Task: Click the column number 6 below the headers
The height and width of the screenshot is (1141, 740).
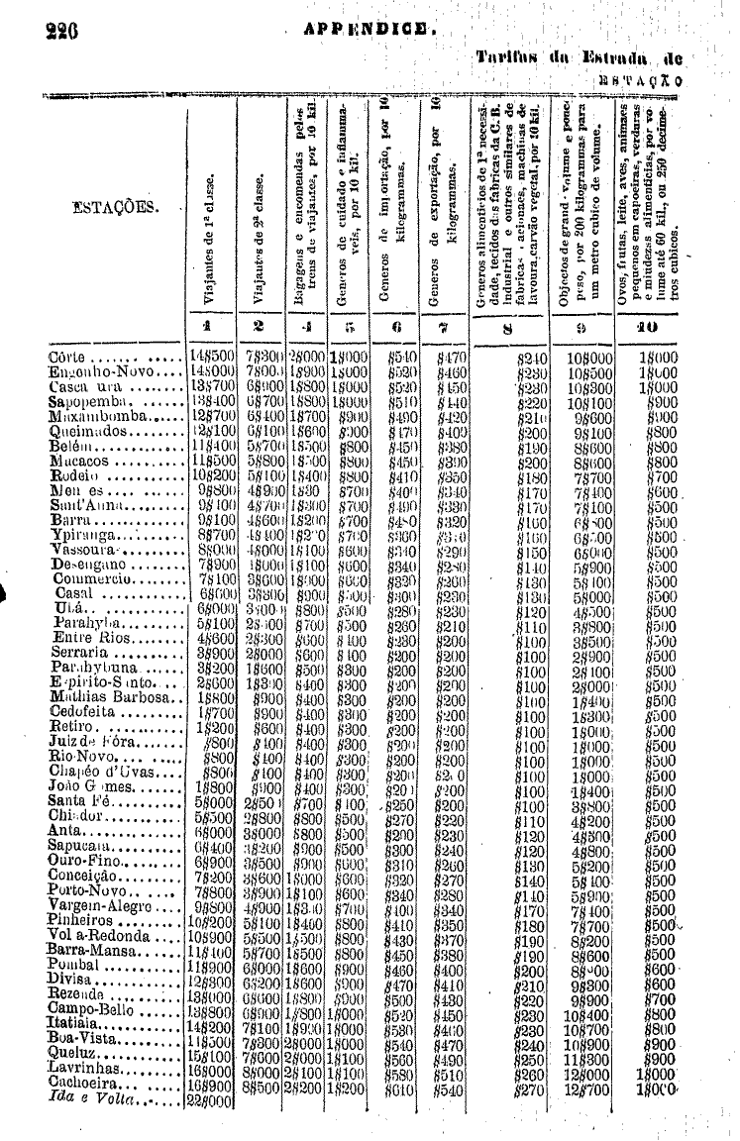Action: (393, 324)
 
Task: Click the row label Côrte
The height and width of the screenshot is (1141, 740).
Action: (69, 358)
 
